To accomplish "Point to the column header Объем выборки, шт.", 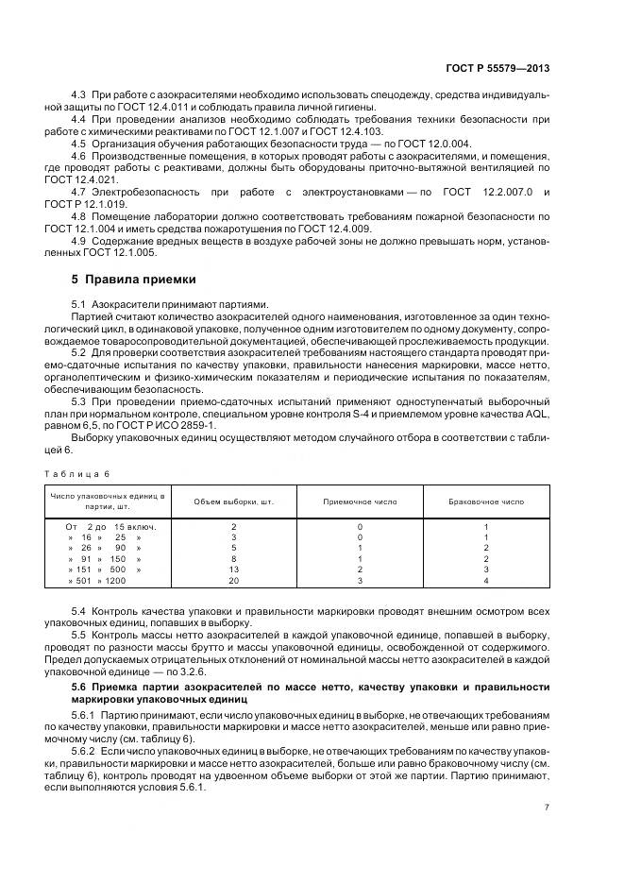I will (234, 501).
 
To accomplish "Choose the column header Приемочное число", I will (360, 501).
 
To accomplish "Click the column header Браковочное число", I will (485, 501).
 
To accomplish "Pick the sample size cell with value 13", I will (234, 569).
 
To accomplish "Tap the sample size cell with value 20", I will (234, 581).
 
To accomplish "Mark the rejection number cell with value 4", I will (485, 581).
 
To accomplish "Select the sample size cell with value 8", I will (234, 558).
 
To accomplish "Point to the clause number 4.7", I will (80, 192).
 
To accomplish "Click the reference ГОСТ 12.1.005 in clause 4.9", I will (129, 252).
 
